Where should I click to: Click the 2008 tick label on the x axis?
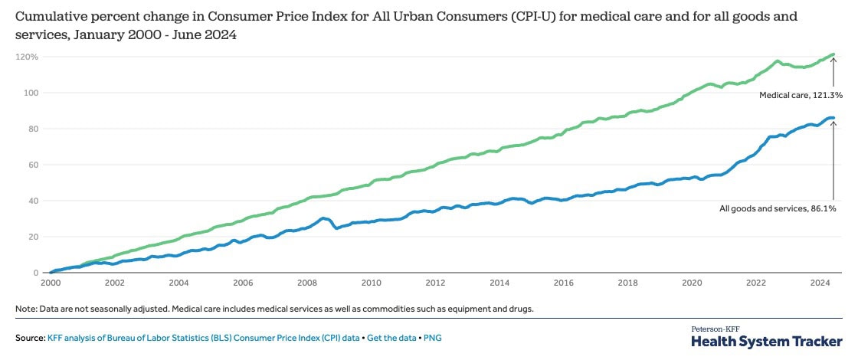pos(307,283)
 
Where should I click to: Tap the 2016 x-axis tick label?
pos(564,283)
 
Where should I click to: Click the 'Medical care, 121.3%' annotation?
pos(801,95)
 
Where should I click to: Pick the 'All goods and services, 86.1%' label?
pos(781,208)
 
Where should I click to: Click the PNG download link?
pos(434,337)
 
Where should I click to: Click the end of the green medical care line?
pos(833,54)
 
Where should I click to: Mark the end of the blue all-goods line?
pos(833,118)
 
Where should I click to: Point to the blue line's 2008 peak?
pos(323,218)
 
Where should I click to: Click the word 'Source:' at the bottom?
pos(30,337)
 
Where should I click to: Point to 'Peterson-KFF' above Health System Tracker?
pos(716,329)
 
